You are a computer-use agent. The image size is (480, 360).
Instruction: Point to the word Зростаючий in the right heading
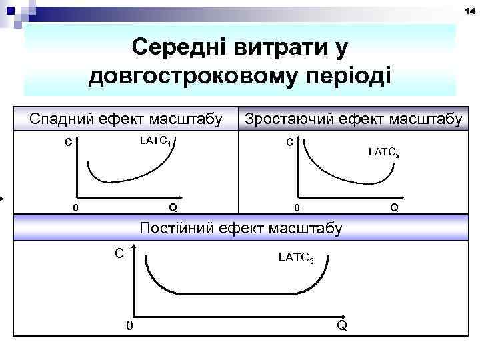coord(287,119)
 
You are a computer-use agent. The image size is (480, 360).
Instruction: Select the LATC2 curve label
coord(384,153)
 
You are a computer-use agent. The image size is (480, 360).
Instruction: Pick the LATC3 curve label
coord(295,256)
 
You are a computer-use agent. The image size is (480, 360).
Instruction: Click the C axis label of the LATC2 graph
coord(289,142)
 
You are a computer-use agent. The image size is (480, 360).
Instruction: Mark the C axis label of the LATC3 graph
coord(119,253)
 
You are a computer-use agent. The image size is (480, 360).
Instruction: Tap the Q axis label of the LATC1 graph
coord(173,207)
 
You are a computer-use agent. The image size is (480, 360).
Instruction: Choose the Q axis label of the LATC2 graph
coord(395,207)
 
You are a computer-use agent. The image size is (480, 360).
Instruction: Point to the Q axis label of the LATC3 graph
coord(341,325)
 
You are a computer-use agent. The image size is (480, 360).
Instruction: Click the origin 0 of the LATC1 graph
coord(75,207)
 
